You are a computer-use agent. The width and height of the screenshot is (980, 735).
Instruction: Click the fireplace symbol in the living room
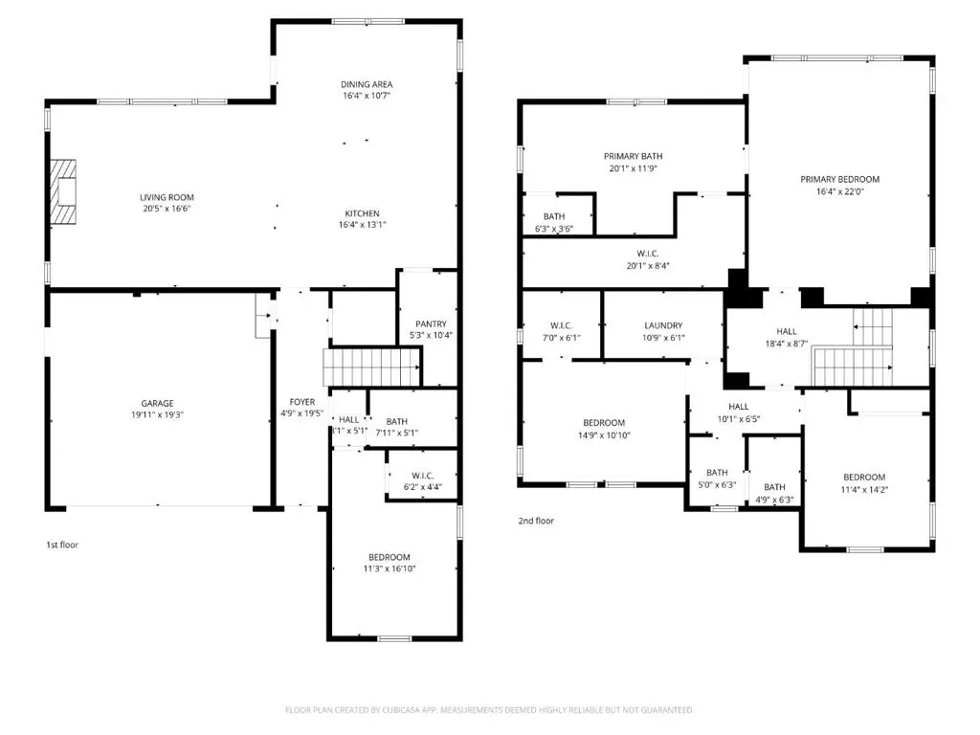click(63, 191)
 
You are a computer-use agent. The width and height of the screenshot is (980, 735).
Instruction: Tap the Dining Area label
click(367, 84)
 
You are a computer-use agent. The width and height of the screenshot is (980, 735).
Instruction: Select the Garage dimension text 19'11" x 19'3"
click(157, 414)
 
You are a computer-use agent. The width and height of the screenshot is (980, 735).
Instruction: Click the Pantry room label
click(431, 323)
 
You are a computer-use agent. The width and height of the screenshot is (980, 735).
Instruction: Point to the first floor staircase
click(371, 367)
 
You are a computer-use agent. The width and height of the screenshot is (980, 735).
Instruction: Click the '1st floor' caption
click(62, 545)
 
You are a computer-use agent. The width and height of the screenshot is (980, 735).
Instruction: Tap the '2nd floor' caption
click(536, 521)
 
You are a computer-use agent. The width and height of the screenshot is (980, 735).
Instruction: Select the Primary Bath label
click(634, 156)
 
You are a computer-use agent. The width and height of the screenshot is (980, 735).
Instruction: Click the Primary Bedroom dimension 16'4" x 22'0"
click(839, 191)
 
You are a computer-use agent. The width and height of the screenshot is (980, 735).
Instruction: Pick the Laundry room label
click(663, 325)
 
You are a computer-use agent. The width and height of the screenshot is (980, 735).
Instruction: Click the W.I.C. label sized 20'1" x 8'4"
click(648, 254)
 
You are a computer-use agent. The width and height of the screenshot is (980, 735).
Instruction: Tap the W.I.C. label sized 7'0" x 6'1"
click(561, 325)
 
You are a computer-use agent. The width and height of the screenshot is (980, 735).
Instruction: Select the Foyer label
click(301, 402)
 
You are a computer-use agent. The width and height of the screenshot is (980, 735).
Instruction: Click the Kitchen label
click(362, 213)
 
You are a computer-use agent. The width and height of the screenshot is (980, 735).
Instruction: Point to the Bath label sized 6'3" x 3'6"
click(554, 217)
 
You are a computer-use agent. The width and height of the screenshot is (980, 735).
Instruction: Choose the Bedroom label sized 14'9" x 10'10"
click(604, 423)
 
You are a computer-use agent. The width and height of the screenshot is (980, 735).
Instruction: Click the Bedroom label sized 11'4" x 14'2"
click(864, 478)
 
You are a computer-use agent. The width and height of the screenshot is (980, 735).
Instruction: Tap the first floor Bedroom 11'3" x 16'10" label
click(389, 558)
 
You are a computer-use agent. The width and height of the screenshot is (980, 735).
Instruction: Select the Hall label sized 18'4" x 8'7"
click(787, 331)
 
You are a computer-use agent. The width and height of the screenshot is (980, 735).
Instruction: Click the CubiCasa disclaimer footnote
click(489, 710)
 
